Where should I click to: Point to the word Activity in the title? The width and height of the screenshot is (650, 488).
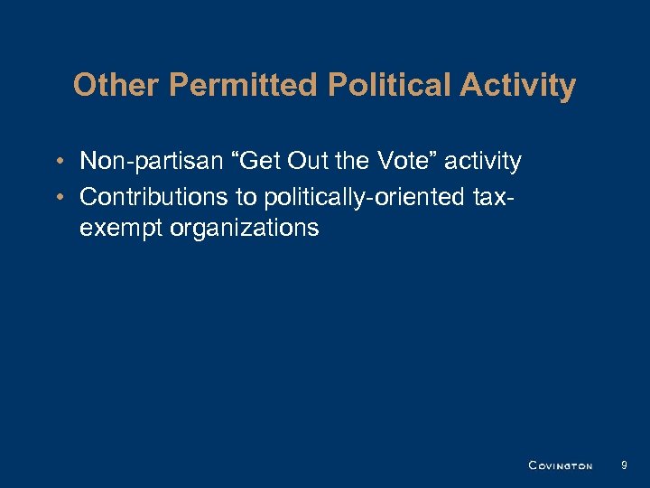(x=517, y=86)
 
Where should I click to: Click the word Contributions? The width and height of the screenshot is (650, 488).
(x=155, y=195)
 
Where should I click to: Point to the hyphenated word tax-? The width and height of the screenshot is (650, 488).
(x=496, y=195)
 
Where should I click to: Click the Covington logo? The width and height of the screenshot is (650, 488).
(x=560, y=465)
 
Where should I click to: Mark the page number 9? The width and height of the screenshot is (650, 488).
(x=624, y=465)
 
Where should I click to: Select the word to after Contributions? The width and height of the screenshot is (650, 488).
(x=246, y=195)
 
